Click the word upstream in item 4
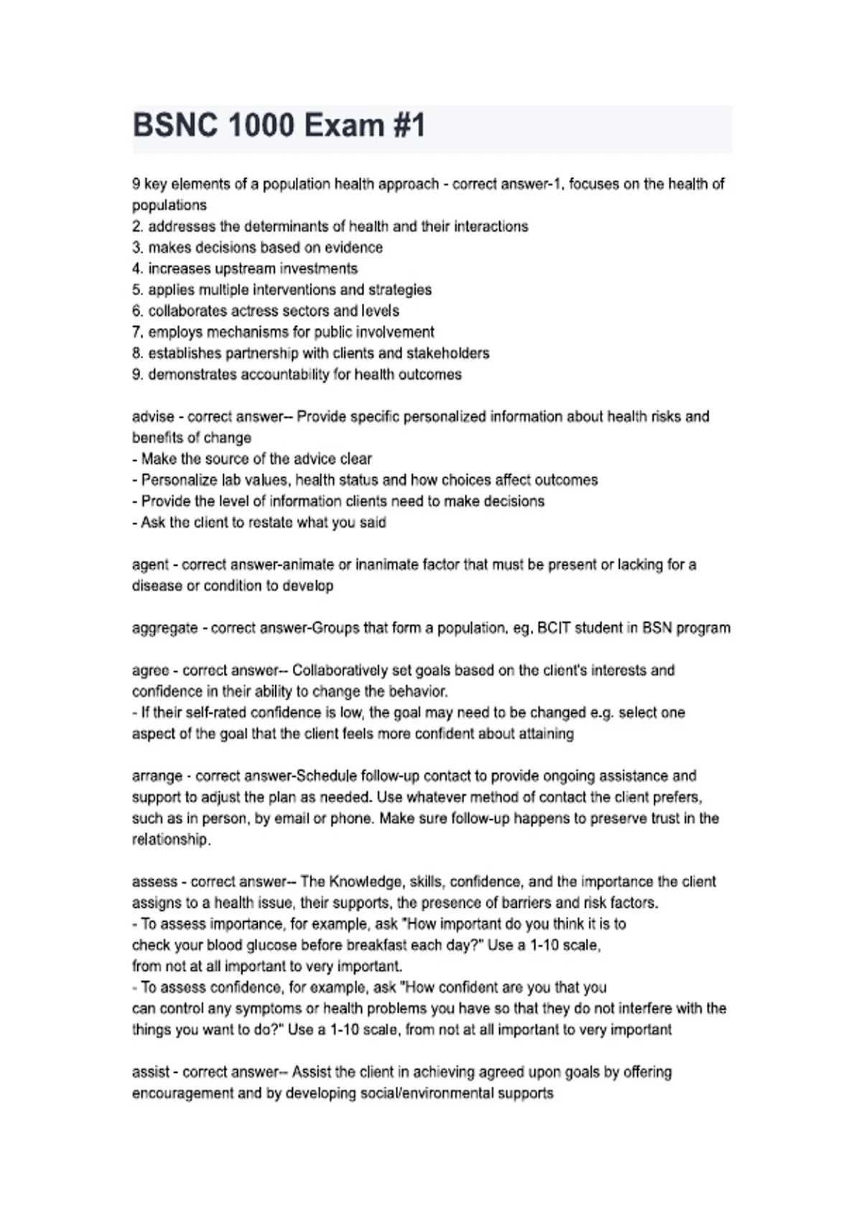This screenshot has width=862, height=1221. (x=241, y=269)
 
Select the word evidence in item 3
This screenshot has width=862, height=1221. (x=355, y=248)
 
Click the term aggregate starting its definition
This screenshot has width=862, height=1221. (x=164, y=628)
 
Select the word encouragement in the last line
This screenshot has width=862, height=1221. (x=182, y=1094)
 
